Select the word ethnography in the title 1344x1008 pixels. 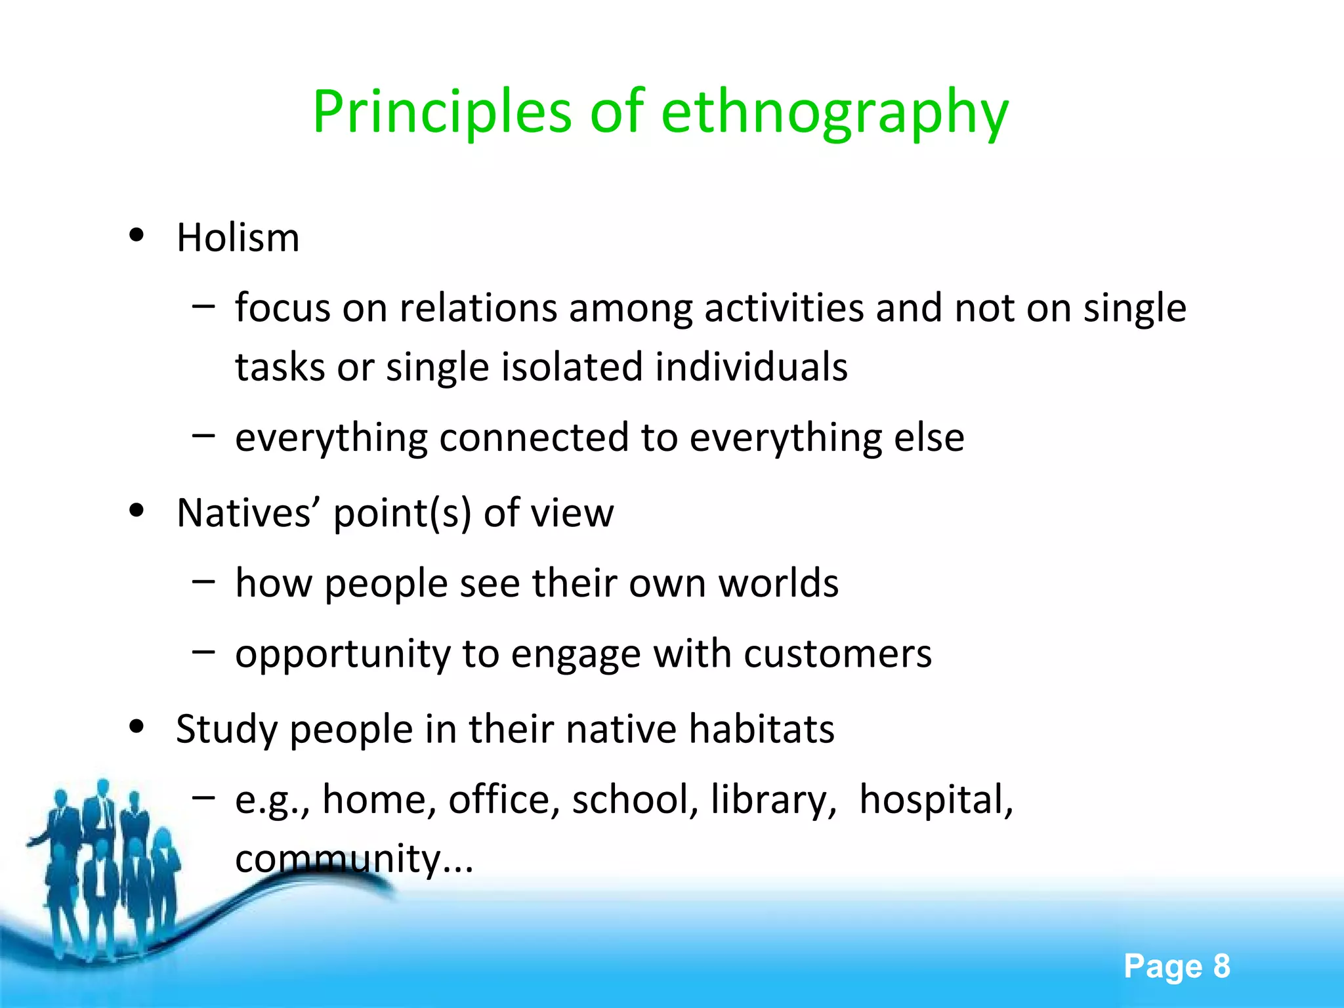point(834,113)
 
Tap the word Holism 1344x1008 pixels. point(238,238)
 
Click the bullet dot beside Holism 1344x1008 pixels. point(136,235)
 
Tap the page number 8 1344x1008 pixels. point(1221,966)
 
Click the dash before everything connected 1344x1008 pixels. point(203,434)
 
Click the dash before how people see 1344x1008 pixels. point(203,579)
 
